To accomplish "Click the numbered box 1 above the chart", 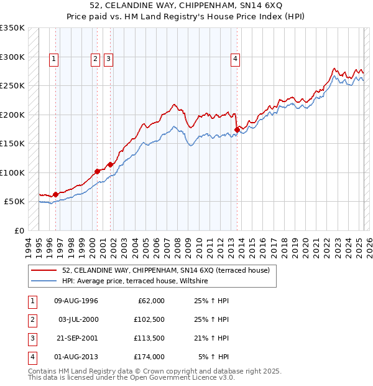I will pyautogui.click(x=54, y=59).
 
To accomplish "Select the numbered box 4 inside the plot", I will pyautogui.click(x=236, y=59).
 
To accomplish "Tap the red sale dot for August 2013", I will pyautogui.click(x=237, y=129).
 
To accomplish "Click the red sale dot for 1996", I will pyautogui.click(x=55, y=194).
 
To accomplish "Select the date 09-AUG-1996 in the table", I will pyautogui.click(x=76, y=301).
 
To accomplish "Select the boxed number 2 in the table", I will pyautogui.click(x=31, y=319).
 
